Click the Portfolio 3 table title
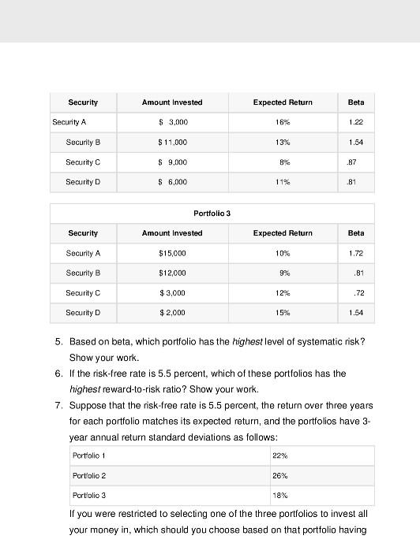(x=212, y=214)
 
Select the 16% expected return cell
(x=283, y=123)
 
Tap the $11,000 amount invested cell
(x=172, y=143)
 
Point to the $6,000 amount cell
(x=172, y=182)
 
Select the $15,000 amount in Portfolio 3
(x=172, y=254)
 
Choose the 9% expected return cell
(x=283, y=273)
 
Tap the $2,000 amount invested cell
(x=172, y=313)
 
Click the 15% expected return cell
(x=283, y=313)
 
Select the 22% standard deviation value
(x=279, y=456)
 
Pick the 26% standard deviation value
(x=279, y=476)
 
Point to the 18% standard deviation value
(x=279, y=496)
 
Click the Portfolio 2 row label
(x=89, y=476)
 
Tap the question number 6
(x=58, y=374)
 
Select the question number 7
(x=58, y=406)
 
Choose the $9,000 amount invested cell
(x=172, y=162)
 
